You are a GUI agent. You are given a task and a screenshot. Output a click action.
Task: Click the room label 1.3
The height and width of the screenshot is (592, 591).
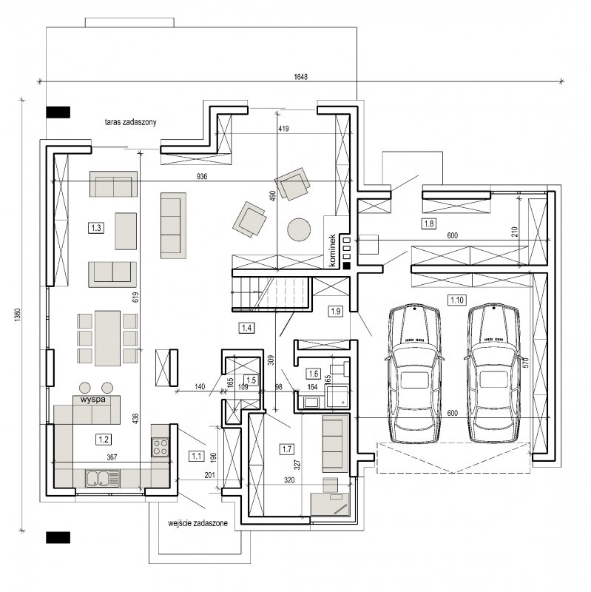[x=96, y=228]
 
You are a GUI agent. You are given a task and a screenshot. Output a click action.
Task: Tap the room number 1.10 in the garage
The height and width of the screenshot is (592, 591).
[x=456, y=300]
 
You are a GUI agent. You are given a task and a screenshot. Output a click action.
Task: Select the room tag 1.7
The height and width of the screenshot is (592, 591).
[x=287, y=449]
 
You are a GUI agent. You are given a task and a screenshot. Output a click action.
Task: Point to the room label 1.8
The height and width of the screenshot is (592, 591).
[x=429, y=223]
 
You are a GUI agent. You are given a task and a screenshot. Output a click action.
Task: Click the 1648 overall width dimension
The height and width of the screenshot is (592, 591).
[x=301, y=77]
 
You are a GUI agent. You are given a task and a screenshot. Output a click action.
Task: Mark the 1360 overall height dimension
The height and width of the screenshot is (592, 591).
[x=18, y=315]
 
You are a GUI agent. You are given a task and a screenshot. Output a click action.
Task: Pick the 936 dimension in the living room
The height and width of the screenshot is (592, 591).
[x=202, y=176]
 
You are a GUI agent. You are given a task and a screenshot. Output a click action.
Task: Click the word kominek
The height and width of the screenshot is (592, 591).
[x=332, y=250]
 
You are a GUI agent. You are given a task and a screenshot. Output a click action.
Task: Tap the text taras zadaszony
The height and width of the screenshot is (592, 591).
[x=131, y=122]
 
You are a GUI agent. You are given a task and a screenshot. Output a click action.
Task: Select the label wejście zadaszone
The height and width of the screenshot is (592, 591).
[x=197, y=523]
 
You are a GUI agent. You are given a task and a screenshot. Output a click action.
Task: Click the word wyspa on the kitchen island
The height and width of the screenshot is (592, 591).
[x=93, y=399]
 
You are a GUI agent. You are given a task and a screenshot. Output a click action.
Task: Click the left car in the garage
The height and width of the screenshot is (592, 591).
[x=415, y=373]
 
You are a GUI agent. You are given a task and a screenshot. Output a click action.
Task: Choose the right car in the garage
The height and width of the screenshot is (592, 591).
[x=493, y=373]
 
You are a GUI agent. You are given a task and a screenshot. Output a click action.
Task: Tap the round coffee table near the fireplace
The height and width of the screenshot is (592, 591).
[x=299, y=229]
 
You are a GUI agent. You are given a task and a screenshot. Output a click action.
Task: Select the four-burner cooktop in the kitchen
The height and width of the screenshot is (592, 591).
[x=160, y=447]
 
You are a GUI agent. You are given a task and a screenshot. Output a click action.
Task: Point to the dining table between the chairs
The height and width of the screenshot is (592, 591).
[x=107, y=338]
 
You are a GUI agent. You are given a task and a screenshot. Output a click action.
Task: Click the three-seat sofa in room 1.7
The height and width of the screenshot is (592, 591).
[x=335, y=443]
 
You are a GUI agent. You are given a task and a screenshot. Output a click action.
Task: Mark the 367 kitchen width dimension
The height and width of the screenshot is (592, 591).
[x=112, y=457]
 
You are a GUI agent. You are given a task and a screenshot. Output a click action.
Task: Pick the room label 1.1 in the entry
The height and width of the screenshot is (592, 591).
[x=196, y=456]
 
